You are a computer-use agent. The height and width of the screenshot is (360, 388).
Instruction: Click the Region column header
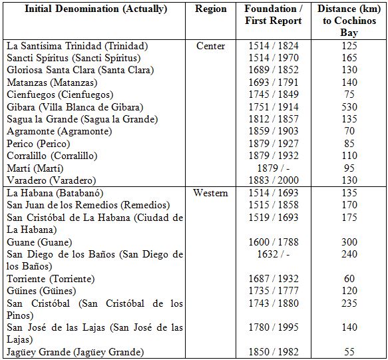211,9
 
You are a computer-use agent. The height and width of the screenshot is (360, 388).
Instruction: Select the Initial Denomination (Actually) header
96,9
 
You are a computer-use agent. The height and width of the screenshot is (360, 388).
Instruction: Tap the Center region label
211,47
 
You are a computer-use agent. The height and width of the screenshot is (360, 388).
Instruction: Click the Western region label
211,193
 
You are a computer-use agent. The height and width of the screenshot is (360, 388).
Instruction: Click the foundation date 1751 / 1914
274,108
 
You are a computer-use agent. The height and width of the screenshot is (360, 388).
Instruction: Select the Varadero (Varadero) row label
50,180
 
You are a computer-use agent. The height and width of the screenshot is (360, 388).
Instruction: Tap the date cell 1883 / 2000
274,180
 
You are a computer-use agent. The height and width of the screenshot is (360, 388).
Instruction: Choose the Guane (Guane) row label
39,242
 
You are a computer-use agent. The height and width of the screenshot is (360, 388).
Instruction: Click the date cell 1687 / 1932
274,279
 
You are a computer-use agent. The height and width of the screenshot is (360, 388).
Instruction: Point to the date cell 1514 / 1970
274,59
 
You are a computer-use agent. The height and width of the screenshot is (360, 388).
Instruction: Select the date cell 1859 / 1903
274,132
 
